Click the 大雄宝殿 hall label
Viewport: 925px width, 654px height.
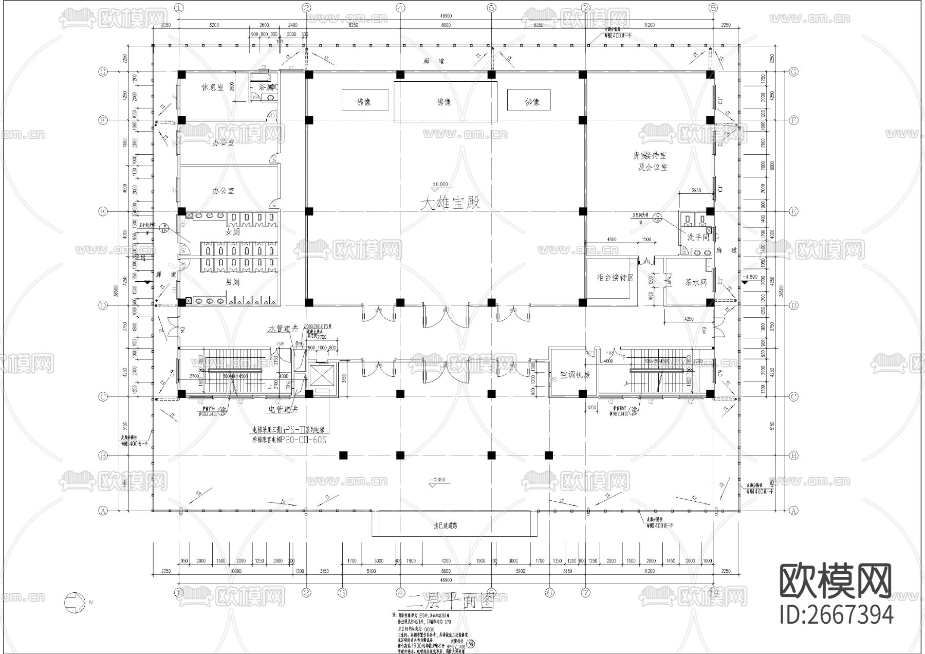coord(451,203)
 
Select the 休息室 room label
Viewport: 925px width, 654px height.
coord(212,87)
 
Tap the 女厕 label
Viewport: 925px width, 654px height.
coord(232,232)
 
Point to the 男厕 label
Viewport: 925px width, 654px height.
coord(232,282)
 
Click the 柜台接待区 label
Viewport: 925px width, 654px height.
coord(615,277)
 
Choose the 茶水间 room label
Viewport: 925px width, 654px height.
coord(696,282)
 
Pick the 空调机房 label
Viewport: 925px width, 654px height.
coord(575,375)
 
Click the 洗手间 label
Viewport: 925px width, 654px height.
coord(698,237)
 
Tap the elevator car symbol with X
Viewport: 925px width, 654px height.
coord(321,374)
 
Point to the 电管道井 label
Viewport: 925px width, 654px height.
coord(283,410)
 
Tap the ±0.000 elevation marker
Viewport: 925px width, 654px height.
coord(440,185)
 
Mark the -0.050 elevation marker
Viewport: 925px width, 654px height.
coord(438,480)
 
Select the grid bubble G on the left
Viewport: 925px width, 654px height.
coord(103,72)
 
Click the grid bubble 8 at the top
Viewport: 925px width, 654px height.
coord(712,8)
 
